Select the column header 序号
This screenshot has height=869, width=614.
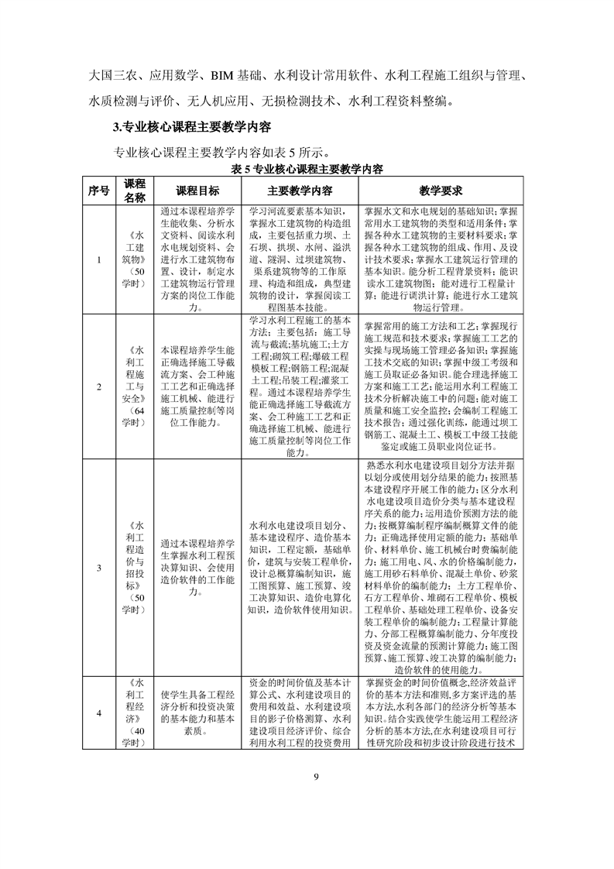(98, 191)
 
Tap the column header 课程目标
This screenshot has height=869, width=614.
(197, 191)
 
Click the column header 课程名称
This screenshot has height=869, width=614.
(135, 191)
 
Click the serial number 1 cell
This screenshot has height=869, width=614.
(98, 259)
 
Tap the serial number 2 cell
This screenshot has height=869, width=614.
(98, 386)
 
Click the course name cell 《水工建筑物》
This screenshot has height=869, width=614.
(135, 259)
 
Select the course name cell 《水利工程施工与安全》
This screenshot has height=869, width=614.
(135, 386)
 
